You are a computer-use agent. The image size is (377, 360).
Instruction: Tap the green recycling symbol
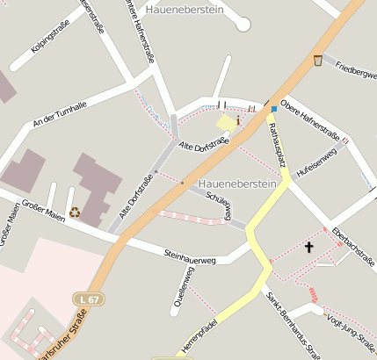(75, 211)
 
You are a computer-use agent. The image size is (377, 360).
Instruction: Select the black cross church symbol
(308, 248)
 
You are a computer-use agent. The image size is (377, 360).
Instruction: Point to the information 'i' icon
(237, 120)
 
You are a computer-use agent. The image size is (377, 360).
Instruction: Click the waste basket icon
(317, 61)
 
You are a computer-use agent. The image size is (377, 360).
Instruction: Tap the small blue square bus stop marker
(273, 109)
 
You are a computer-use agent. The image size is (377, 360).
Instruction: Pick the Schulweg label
(219, 205)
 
